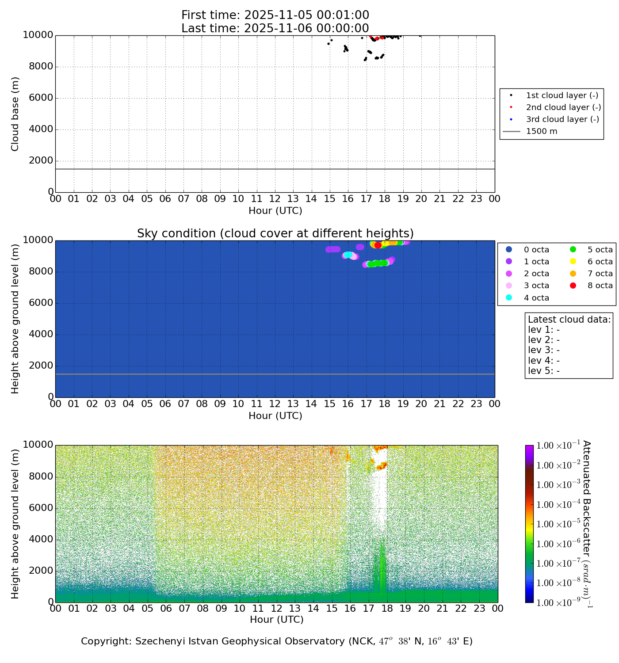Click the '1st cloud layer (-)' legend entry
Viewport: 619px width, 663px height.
tap(562, 95)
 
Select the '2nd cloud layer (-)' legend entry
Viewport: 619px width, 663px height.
tap(563, 107)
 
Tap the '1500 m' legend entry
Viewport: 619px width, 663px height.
tap(541, 131)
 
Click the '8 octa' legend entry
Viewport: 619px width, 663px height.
tap(600, 286)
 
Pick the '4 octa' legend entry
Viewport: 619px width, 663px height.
tap(536, 298)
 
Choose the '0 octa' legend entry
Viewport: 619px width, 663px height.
tap(536, 250)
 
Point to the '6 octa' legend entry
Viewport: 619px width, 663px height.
tap(600, 262)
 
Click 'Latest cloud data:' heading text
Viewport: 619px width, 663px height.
tap(569, 320)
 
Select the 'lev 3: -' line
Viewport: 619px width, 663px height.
tap(544, 350)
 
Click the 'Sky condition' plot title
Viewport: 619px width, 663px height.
tap(275, 233)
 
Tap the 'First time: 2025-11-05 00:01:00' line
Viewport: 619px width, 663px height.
tap(275, 15)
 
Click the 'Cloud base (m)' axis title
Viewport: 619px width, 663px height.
tap(15, 114)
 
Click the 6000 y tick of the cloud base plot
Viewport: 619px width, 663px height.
tap(38, 98)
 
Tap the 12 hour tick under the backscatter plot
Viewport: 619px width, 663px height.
tap(276, 609)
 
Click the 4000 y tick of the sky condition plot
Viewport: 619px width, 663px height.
tap(38, 335)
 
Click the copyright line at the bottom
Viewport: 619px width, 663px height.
tap(277, 641)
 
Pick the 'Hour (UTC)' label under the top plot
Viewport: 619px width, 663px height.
tap(275, 211)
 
